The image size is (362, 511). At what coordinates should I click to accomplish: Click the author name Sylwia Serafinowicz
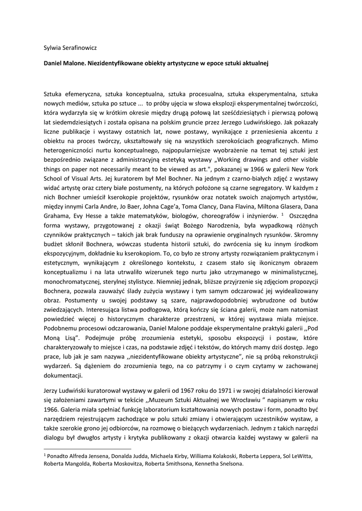(x=70, y=48)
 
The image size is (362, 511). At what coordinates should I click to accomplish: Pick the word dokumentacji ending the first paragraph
(x=63, y=377)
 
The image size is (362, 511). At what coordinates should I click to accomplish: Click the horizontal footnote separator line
(x=87, y=449)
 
